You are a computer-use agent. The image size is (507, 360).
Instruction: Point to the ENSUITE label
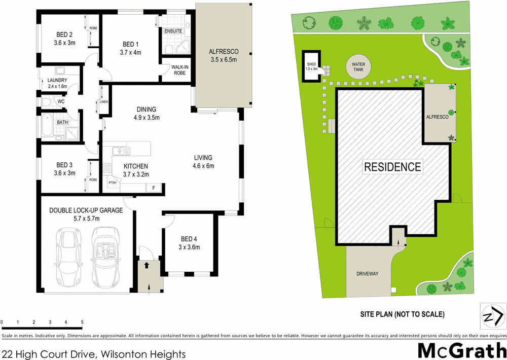tap(173, 31)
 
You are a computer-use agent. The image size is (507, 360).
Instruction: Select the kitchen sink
tap(120, 151)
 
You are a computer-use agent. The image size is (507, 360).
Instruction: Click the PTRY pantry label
tap(112, 183)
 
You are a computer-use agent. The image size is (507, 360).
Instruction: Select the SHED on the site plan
tap(311, 64)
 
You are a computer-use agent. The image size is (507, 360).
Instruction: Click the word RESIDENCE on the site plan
tap(392, 166)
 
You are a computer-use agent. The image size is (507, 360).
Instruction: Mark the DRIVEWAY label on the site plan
tap(367, 274)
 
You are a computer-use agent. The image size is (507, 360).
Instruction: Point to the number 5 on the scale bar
tap(82, 322)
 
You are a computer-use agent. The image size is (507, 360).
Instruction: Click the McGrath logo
tap(461, 350)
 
